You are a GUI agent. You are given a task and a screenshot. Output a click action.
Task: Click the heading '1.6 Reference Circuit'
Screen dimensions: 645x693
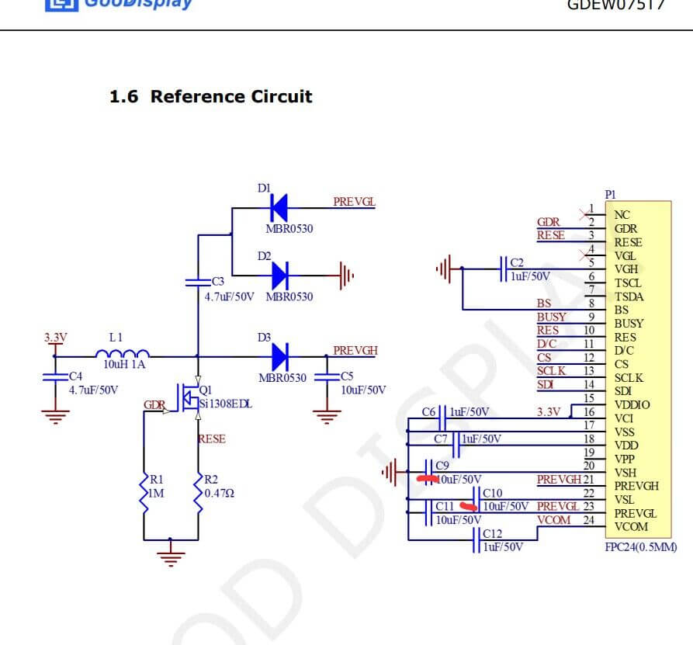coord(210,97)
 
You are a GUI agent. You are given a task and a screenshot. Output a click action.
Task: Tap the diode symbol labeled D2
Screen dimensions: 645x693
coord(280,274)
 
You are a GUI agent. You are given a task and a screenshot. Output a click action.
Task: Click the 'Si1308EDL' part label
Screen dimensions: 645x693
coord(226,404)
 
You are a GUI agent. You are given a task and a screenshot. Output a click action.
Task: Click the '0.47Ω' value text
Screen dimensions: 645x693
coord(219,494)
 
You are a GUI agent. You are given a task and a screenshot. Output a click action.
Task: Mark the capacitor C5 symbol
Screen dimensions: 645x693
coord(327,377)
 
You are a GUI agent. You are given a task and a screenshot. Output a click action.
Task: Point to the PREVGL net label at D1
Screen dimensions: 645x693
coord(354,202)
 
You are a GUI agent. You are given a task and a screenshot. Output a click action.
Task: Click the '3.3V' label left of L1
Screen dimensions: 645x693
coord(56,338)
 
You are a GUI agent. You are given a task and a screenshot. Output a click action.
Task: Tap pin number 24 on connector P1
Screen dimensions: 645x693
coord(588,520)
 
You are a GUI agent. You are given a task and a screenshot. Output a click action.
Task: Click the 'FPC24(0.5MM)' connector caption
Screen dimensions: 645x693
coord(640,546)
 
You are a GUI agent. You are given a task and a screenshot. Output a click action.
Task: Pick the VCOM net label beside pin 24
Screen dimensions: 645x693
coord(554,520)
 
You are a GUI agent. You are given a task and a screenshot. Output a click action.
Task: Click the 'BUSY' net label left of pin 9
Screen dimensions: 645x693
coord(551,317)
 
